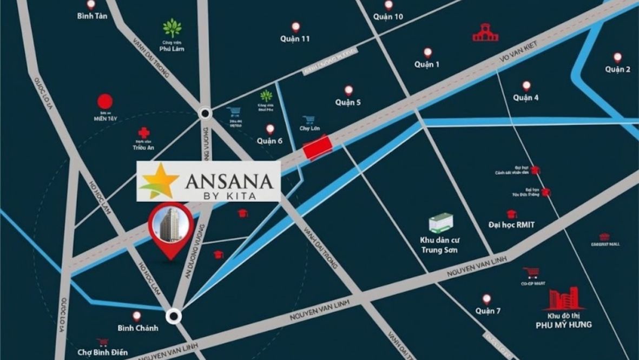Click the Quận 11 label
(x=295, y=39)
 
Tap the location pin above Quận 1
(x=427, y=53)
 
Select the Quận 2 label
(x=617, y=69)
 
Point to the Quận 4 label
(x=525, y=98)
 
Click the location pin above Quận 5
(x=348, y=90)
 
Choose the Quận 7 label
(x=488, y=311)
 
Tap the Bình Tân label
(x=93, y=16)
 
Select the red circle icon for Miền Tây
(x=104, y=101)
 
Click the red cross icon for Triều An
(x=143, y=133)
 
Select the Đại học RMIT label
(x=511, y=225)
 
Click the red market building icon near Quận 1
(x=485, y=34)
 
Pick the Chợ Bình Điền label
(x=102, y=353)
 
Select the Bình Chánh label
(x=138, y=328)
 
